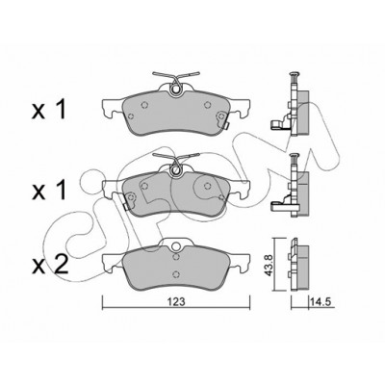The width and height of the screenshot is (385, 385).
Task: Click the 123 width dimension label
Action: tap(176, 301)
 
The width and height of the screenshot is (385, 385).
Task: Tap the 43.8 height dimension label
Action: tap(269, 265)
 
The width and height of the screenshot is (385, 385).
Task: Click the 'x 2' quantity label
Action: tap(50, 266)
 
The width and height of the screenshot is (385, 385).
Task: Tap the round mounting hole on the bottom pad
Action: tap(175, 246)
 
